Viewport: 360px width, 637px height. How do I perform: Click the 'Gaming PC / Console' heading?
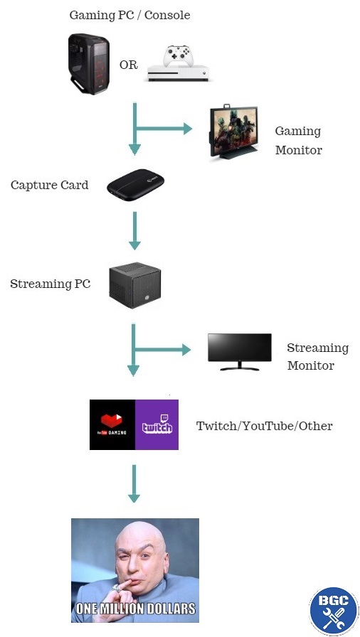pyautogui.click(x=129, y=15)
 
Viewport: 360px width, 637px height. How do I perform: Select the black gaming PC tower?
pyautogui.click(x=89, y=63)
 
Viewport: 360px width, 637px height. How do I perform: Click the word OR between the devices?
pyautogui.click(x=128, y=65)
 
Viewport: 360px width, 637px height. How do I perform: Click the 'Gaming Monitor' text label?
pyautogui.click(x=298, y=141)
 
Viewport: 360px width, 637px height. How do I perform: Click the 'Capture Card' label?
pyautogui.click(x=50, y=186)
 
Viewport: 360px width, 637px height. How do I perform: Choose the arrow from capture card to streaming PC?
pyautogui.click(x=133, y=231)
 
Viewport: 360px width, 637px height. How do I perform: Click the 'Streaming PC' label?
pyautogui.click(x=51, y=284)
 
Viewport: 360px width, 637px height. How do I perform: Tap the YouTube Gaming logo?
pyautogui.click(x=112, y=425)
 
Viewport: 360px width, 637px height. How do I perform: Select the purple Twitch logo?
pyautogui.click(x=157, y=425)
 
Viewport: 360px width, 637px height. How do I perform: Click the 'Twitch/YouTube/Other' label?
pyautogui.click(x=264, y=426)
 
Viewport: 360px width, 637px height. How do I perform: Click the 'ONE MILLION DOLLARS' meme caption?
pyautogui.click(x=135, y=609)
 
